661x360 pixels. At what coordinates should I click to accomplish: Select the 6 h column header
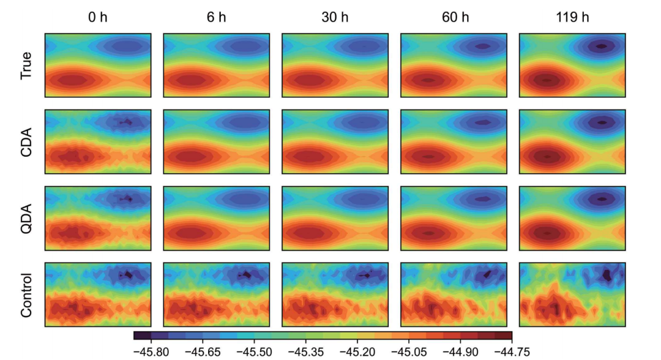[x=216, y=18]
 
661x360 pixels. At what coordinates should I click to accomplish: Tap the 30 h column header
[x=335, y=18]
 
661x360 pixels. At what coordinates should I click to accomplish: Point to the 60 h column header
[x=454, y=18]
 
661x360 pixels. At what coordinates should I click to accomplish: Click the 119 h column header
[x=572, y=18]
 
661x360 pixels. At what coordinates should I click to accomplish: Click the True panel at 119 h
[x=572, y=66]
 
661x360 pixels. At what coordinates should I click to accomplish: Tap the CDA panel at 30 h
[x=335, y=142]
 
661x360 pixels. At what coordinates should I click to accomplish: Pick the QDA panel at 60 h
[x=454, y=219]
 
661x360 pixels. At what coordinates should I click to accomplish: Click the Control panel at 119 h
[x=572, y=295]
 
